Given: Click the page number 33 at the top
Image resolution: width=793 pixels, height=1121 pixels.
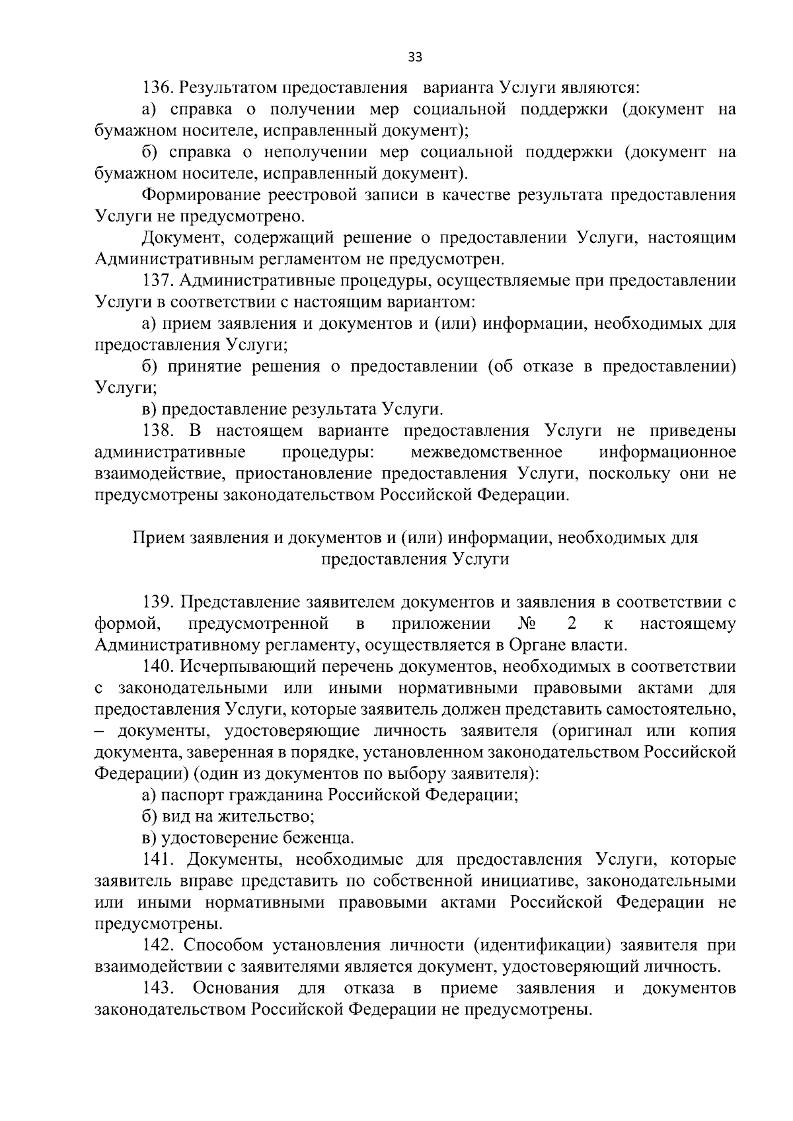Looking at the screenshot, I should (415, 57).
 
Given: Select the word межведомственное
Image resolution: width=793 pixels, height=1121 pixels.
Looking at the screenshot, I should (486, 452).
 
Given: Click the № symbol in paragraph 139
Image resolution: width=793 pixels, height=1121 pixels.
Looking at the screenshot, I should (528, 624).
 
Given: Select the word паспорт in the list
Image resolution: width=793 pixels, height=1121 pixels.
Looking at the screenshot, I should (190, 795).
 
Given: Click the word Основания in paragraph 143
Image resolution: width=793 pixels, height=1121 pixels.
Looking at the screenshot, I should (235, 988).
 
